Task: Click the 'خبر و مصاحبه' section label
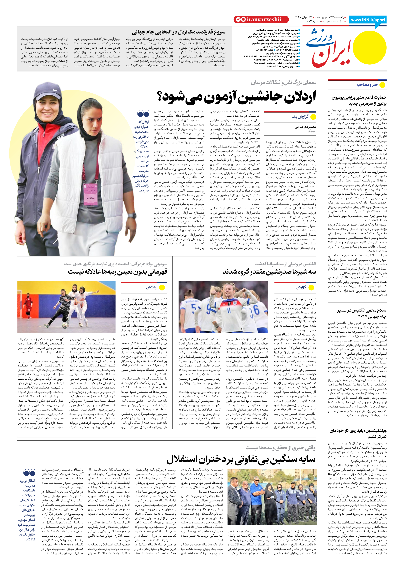click(367, 85)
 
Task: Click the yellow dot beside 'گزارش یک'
click(313, 117)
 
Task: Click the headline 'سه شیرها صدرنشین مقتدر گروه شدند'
click(269, 272)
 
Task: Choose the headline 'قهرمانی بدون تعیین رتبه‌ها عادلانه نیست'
click(117, 272)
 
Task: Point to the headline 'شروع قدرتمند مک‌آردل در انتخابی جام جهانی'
click(179, 32)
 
